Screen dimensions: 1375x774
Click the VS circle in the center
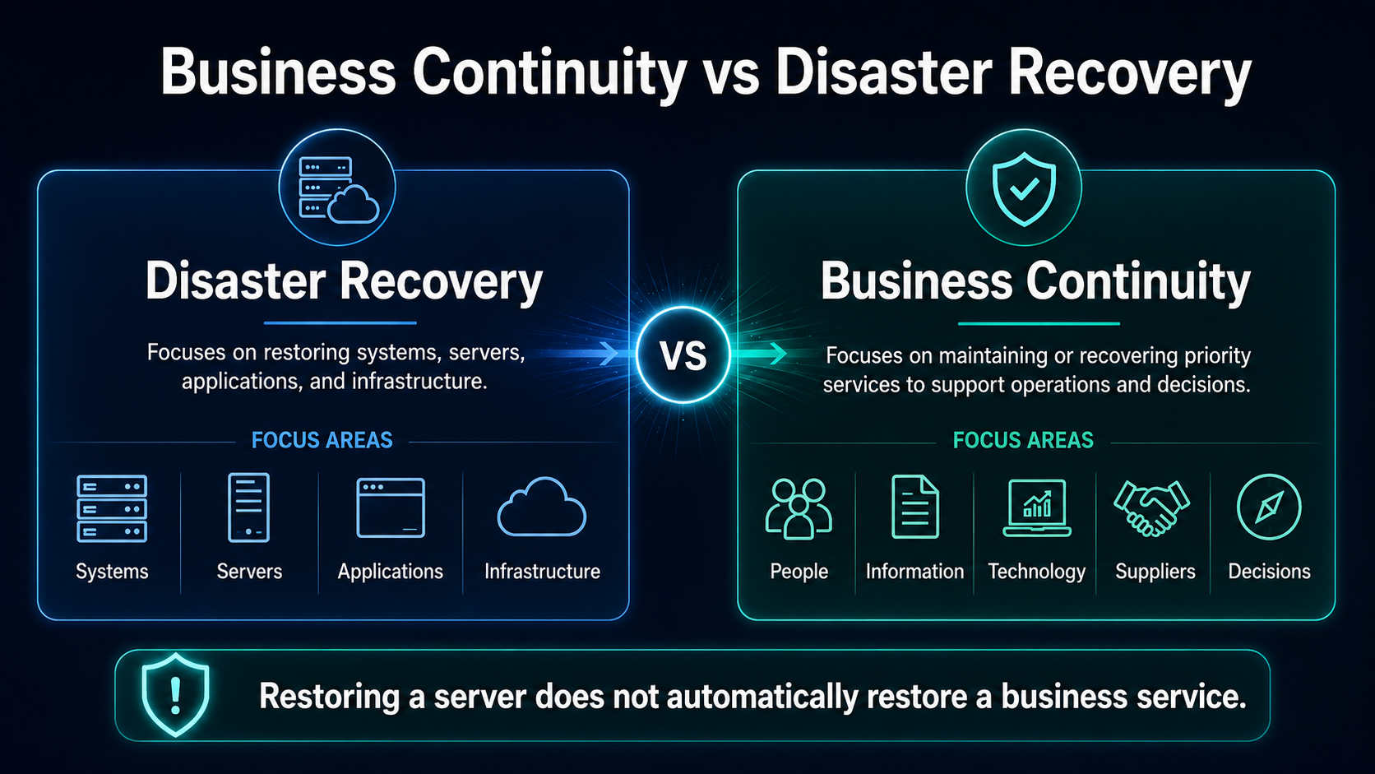[x=683, y=355]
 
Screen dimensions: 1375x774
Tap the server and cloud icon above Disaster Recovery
[x=338, y=189]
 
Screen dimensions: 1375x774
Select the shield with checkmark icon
[x=1024, y=188]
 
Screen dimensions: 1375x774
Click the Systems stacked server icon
[x=112, y=508]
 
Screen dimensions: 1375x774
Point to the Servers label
[x=249, y=572]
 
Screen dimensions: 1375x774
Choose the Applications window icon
[x=391, y=508]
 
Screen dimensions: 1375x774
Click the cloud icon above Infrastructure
[x=541, y=507]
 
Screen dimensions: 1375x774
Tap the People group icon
[x=799, y=509]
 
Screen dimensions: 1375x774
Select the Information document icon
[x=914, y=507]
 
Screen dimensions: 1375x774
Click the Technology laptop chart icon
[x=1037, y=508]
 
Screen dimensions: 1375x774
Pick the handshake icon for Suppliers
[x=1151, y=508]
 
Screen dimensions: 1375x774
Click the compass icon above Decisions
[x=1269, y=507]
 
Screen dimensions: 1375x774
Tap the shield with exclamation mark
[x=175, y=695]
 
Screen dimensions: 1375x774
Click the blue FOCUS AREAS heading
[x=322, y=440]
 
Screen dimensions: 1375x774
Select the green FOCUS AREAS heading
[x=1023, y=440]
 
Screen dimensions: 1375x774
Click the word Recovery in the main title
[x=1129, y=74]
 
